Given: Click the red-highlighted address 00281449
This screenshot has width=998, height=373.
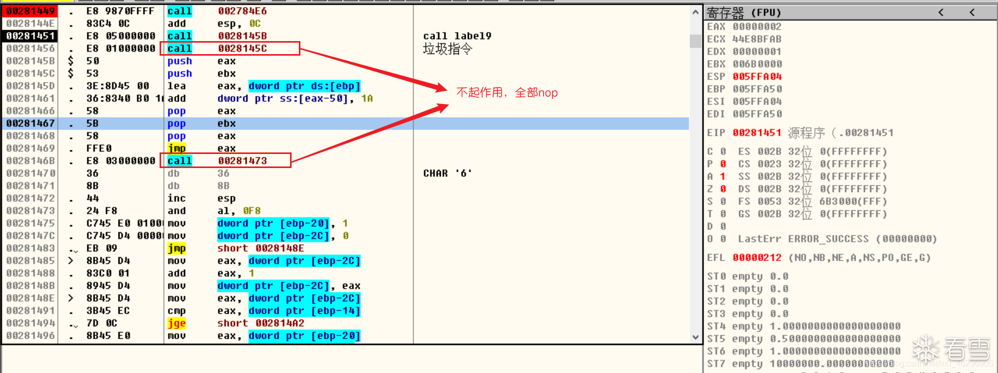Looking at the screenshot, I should [30, 11].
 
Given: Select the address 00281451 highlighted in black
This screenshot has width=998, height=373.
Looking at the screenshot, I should [30, 36].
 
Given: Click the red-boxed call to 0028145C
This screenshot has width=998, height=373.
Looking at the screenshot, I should [230, 48].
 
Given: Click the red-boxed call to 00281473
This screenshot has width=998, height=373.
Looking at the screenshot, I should [226, 161].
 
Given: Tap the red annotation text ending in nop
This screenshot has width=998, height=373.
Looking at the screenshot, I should [507, 93].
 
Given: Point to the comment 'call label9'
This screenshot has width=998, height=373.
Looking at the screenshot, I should [457, 36].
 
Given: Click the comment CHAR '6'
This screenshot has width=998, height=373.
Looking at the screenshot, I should [447, 173].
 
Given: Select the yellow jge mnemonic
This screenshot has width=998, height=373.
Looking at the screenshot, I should [177, 323].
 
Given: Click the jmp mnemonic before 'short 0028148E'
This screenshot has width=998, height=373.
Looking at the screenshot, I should [177, 248].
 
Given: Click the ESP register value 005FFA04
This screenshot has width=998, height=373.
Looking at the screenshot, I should [757, 76].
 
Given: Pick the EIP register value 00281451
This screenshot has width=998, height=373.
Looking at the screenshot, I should [757, 133].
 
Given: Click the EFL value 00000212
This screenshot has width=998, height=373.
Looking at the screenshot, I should [757, 258].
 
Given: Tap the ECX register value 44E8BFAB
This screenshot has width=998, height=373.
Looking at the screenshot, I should [756, 39].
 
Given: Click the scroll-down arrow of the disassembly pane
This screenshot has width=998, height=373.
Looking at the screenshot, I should [695, 337].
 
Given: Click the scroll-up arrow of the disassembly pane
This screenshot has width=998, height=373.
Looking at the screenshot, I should [695, 12].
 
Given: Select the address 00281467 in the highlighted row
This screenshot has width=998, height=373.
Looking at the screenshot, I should [30, 123].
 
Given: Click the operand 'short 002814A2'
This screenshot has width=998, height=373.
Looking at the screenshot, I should [260, 323].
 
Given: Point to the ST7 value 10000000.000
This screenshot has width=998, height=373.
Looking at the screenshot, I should [832, 364].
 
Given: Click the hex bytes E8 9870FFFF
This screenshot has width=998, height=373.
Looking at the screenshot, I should [120, 11].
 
